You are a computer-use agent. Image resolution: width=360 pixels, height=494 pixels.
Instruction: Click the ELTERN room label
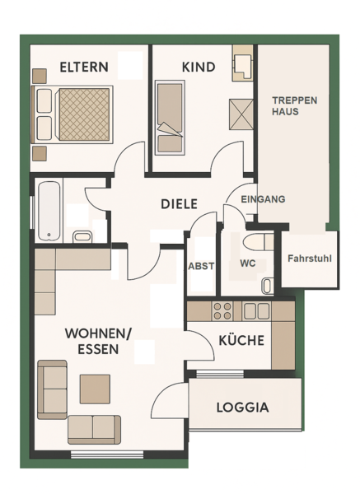[x=84, y=68]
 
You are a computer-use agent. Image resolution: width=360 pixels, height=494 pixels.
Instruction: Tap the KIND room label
[x=199, y=68]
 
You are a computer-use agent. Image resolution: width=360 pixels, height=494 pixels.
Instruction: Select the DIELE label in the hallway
[x=179, y=204]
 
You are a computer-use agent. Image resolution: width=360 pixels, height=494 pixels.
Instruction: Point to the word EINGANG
[x=263, y=199]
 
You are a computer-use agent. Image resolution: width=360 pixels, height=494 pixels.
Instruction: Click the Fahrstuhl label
[x=310, y=259]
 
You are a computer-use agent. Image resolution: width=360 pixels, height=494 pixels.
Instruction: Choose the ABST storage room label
[x=201, y=266]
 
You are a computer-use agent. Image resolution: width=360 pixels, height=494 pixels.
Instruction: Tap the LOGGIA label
[x=242, y=408]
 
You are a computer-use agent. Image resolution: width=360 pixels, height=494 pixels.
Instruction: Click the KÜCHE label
[x=241, y=340]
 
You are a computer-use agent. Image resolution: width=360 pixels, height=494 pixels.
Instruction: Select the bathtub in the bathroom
[x=49, y=211]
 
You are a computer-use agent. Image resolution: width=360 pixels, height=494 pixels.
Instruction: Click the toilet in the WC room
[x=258, y=241]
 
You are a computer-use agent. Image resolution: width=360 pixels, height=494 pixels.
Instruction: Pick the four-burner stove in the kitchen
[x=222, y=311]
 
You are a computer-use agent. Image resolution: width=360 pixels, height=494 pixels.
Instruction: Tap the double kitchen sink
[x=256, y=311]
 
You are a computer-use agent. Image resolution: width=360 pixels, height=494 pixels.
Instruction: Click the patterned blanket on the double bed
[x=84, y=114]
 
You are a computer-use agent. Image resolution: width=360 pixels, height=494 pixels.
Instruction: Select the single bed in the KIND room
[x=170, y=118]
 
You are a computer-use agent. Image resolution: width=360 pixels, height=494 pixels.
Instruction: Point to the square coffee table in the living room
[x=95, y=389]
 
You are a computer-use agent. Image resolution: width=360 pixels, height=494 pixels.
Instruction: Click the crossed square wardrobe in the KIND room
[x=241, y=114]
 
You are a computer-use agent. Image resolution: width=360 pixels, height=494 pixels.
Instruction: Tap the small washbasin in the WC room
[x=267, y=286]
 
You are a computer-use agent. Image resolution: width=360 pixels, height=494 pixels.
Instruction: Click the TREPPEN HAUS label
[x=294, y=106]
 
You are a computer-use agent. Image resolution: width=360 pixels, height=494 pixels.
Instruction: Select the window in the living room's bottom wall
[x=107, y=454]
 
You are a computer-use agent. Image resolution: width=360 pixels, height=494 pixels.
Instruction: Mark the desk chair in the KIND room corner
[x=242, y=66]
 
